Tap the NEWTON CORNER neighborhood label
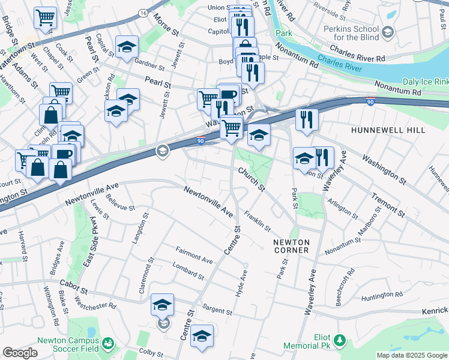tap(291, 246)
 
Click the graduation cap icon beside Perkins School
tap(388, 31)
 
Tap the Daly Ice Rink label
tap(425, 82)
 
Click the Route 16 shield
tap(142, 13)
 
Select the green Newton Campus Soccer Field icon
tap(108, 343)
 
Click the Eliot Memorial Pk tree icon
tap(340, 341)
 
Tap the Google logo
tap(20, 353)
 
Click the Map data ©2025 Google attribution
tap(412, 355)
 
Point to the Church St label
tap(251, 179)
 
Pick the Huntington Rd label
tap(381, 295)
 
